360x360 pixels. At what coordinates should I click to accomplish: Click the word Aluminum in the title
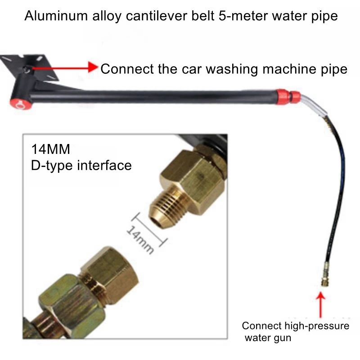point(56,16)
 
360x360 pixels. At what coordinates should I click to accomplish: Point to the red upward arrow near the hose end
point(320,305)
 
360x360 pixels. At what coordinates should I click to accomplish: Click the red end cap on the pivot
point(21,105)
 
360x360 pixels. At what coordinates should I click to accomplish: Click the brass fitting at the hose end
point(325,275)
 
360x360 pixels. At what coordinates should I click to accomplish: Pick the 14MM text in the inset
point(50,149)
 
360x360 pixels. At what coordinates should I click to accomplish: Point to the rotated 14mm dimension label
point(140,239)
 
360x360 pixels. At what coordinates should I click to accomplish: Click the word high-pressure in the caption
point(317,326)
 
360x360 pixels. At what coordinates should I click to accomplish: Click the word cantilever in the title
point(156,16)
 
